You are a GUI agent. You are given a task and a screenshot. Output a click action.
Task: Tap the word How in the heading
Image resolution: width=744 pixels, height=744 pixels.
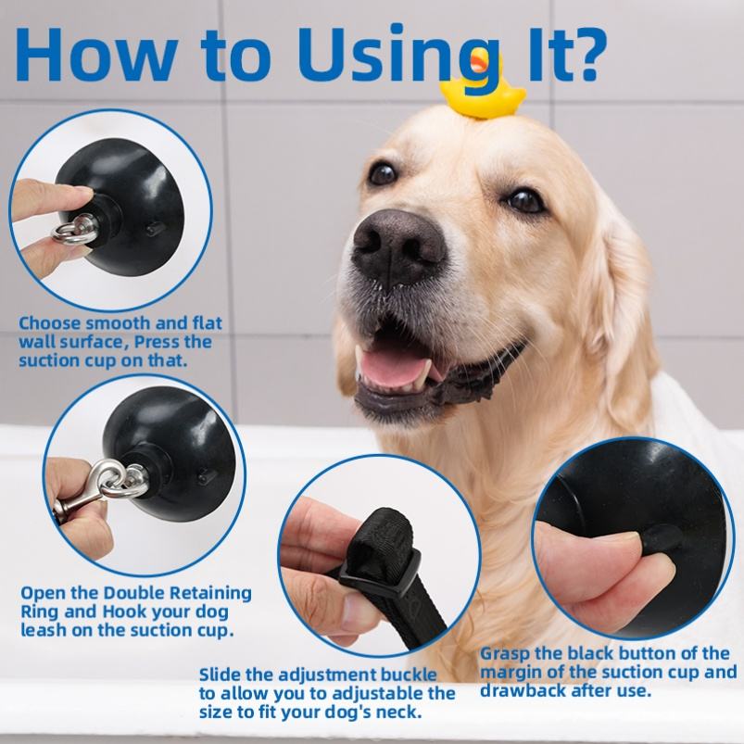(95, 55)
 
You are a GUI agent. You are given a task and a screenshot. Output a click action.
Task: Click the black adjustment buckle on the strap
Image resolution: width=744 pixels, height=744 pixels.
(380, 569)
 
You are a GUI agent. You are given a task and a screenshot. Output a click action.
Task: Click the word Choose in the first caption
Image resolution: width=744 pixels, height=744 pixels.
(50, 323)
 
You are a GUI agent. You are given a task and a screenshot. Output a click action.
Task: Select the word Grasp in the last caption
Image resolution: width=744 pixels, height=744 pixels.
(505, 655)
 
